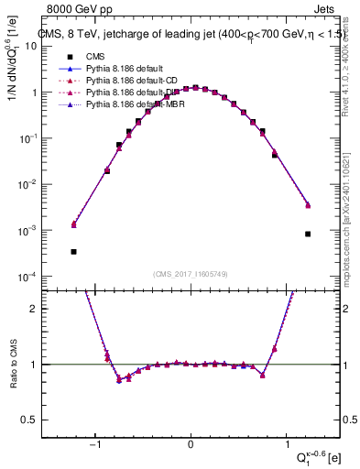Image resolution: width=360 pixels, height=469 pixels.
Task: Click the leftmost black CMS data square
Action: (x=73, y=251)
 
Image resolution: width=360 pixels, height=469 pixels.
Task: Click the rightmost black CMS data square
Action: (x=308, y=234)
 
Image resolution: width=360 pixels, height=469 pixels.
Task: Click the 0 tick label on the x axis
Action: (x=191, y=448)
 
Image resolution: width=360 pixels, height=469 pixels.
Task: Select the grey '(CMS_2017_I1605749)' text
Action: (x=191, y=274)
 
